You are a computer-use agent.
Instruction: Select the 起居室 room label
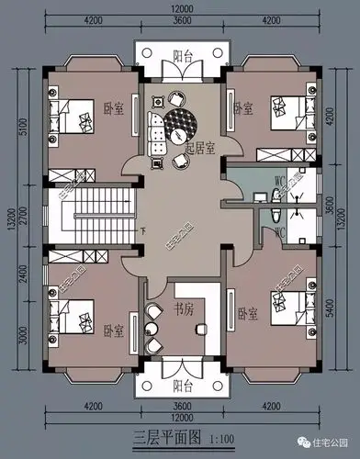(199, 147)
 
